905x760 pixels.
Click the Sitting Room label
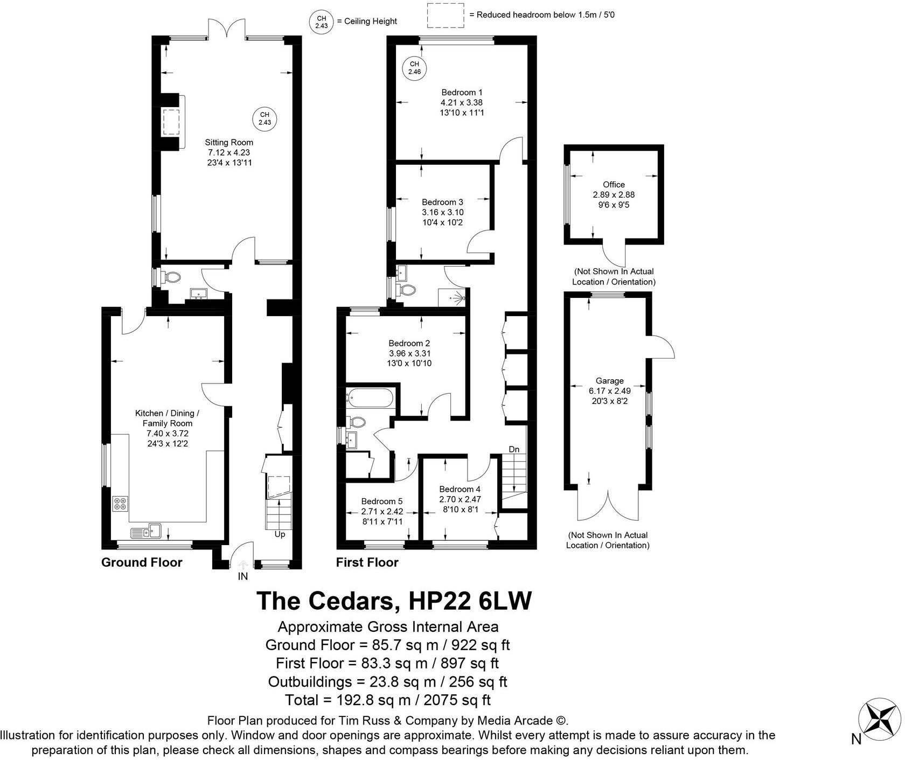tap(228, 143)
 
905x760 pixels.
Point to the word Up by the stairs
tap(280, 534)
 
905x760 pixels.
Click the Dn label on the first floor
tap(514, 449)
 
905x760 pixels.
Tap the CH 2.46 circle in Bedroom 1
tap(414, 68)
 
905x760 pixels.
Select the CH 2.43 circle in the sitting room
tap(264, 118)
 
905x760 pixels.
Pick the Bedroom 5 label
tap(381, 501)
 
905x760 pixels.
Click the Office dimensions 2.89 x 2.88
tap(614, 194)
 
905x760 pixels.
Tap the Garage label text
tap(609, 381)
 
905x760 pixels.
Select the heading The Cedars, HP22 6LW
tap(394, 601)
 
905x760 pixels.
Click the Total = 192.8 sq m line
tap(387, 700)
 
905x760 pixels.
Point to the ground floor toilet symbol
tap(172, 278)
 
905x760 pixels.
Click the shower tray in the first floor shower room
tap(452, 297)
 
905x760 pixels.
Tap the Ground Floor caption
tap(142, 563)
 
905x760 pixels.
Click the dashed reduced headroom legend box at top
tap(445, 15)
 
